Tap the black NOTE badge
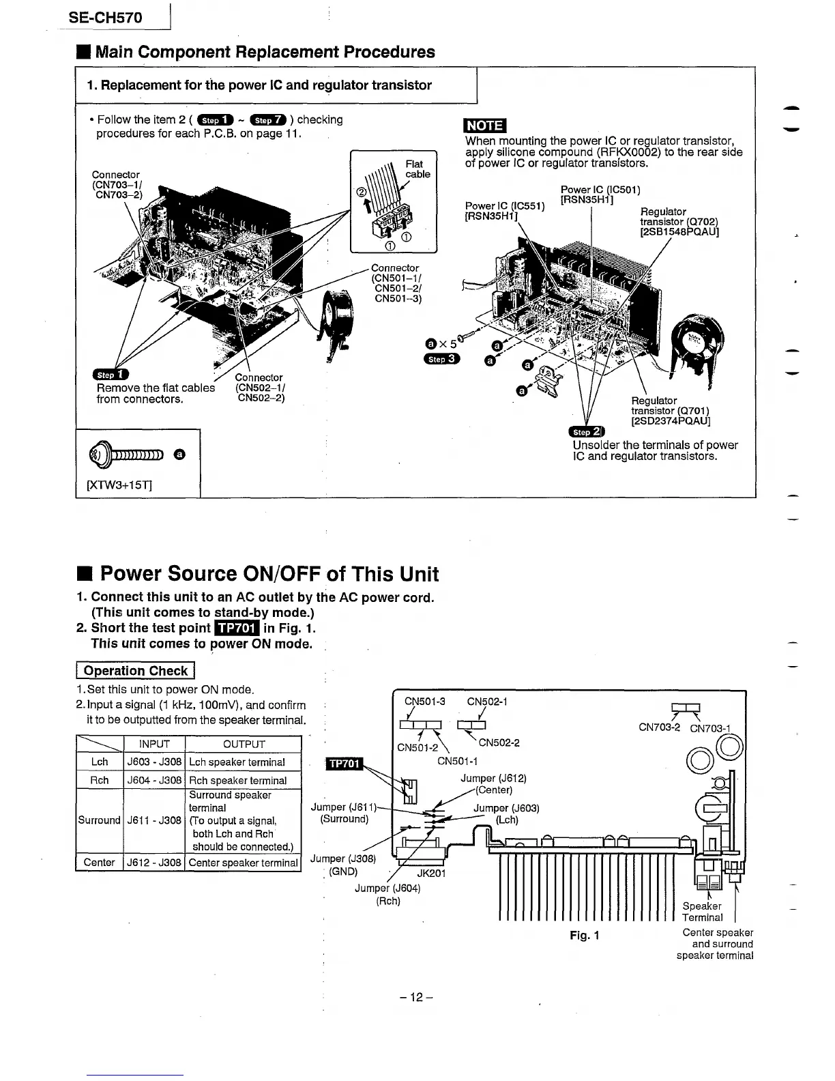click(x=484, y=126)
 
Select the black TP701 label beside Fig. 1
click(x=345, y=764)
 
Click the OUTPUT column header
click(x=244, y=744)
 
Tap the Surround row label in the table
click(x=99, y=820)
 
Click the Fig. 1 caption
click(x=584, y=935)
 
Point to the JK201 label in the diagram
click(x=430, y=873)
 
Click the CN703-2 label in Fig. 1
click(x=659, y=727)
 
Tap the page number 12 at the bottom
click(x=417, y=997)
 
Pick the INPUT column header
click(x=154, y=744)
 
